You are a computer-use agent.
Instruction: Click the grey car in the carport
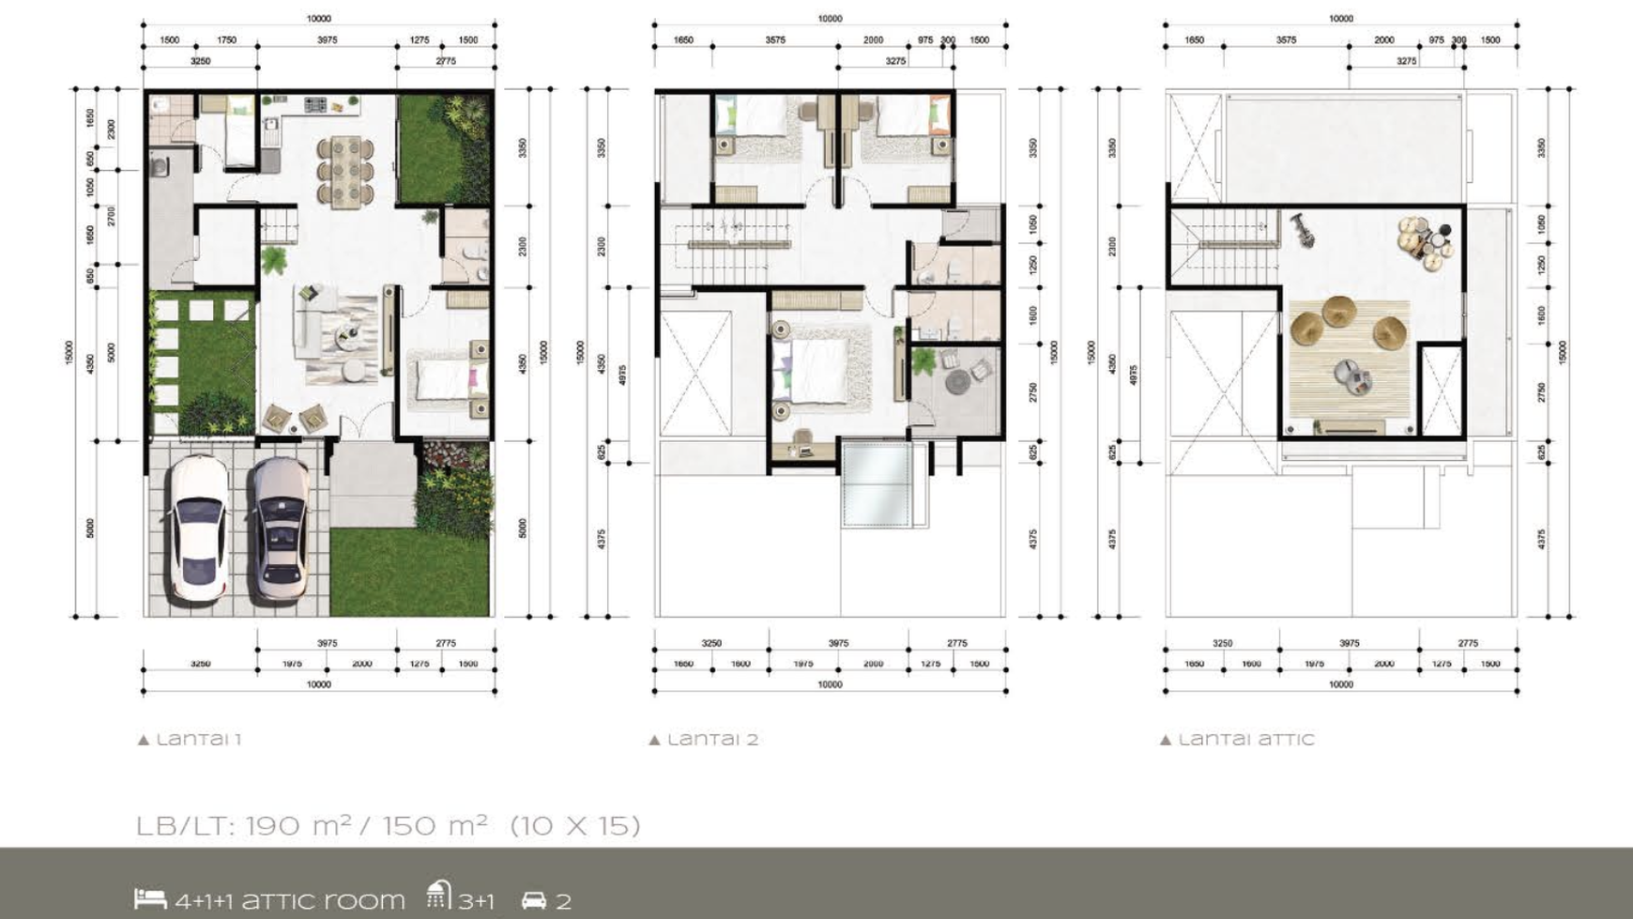click(280, 528)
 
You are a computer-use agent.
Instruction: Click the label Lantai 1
click(191, 739)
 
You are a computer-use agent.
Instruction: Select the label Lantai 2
click(704, 739)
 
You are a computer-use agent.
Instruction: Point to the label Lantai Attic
click(1238, 739)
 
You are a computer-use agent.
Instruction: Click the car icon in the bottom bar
click(534, 900)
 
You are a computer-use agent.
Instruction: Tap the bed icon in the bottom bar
click(150, 898)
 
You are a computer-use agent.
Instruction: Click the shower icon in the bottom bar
click(438, 896)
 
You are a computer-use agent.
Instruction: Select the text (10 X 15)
click(575, 826)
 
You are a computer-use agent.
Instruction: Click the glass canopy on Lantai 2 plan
click(876, 483)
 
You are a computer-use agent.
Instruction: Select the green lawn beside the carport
click(409, 572)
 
